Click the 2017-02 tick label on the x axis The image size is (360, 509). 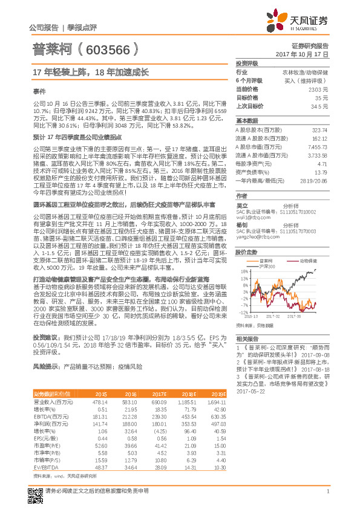[272, 315]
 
